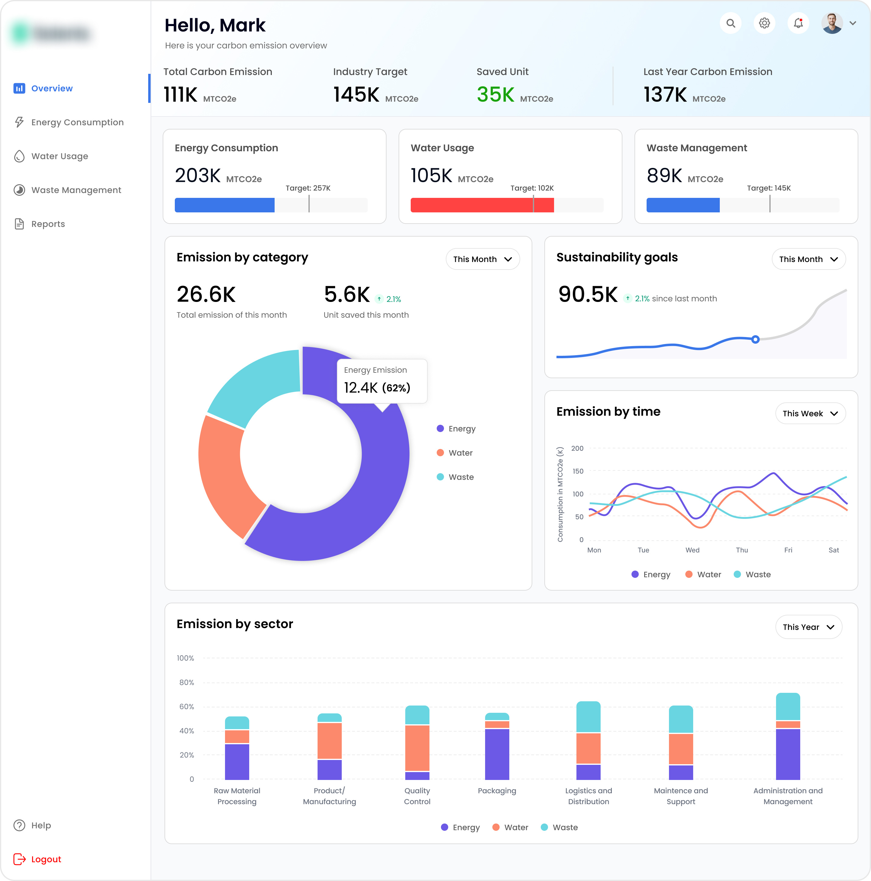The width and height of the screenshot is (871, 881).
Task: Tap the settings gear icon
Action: pos(764,23)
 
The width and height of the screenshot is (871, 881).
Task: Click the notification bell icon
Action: pos(798,23)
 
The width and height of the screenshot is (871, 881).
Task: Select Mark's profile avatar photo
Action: pos(832,23)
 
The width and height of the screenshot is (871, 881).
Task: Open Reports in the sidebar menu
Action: pos(48,224)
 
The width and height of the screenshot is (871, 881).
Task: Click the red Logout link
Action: pos(46,859)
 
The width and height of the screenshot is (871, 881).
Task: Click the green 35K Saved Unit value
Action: pos(495,95)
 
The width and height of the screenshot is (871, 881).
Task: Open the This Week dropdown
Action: pos(810,414)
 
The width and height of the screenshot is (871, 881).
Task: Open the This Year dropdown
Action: pos(808,627)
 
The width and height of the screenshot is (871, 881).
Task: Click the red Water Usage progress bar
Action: pos(482,205)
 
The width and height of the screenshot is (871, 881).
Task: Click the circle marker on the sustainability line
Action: pos(755,339)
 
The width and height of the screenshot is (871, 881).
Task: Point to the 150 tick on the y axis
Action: pos(577,471)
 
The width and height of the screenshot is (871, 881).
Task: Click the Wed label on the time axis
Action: pos(692,550)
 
